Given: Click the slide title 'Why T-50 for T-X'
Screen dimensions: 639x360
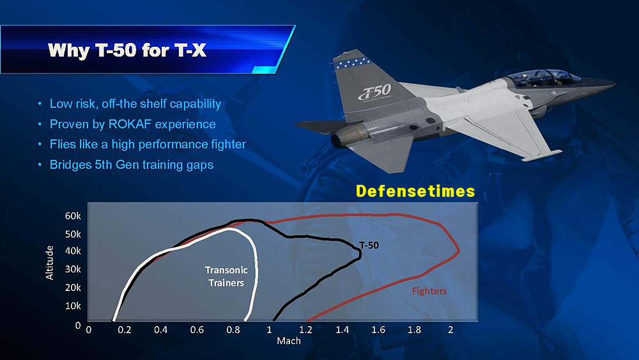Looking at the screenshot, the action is [x=127, y=50].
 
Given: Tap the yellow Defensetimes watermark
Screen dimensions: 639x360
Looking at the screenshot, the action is [x=415, y=191].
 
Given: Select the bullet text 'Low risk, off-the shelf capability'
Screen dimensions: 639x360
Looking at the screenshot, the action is [x=135, y=104].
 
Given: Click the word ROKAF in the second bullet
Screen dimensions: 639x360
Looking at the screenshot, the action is [x=130, y=124].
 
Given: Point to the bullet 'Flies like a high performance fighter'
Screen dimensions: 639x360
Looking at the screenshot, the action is [x=148, y=145].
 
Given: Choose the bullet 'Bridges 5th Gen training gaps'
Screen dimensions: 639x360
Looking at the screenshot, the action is [x=131, y=165].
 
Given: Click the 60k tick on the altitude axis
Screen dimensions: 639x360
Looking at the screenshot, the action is [x=73, y=216].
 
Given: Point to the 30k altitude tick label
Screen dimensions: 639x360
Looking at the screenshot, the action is [x=73, y=269].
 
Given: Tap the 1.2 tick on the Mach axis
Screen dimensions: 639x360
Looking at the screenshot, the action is [x=305, y=330].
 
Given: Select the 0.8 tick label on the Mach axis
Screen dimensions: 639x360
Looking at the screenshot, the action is [x=233, y=330].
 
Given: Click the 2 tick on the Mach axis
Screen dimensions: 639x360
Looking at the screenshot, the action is [x=450, y=330].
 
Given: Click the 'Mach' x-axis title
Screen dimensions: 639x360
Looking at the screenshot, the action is [x=289, y=341].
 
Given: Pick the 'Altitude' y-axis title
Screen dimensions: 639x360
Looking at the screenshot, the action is [x=49, y=263].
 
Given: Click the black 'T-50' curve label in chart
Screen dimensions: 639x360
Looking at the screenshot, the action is [x=369, y=245].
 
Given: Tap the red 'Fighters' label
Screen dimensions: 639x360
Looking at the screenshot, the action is [x=429, y=291].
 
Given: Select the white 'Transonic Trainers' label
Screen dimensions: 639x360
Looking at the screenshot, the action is [x=226, y=276].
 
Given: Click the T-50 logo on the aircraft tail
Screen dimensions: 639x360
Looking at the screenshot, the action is [x=374, y=93].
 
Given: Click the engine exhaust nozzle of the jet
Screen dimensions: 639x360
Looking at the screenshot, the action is [x=345, y=136].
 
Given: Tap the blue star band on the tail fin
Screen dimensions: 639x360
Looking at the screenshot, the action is [x=353, y=63].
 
